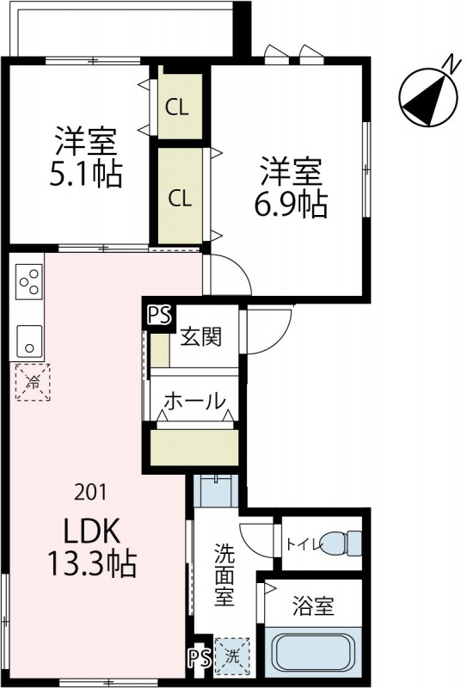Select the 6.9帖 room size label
(292, 204)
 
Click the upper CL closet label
(178, 107)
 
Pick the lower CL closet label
(180, 199)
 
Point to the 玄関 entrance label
(201, 336)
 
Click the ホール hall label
(194, 400)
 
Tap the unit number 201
(90, 492)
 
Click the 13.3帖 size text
(90, 564)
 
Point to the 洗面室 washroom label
(224, 574)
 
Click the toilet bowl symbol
(347, 544)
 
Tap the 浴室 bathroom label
(313, 605)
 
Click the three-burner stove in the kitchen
(28, 282)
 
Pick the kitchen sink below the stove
(28, 341)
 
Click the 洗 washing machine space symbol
(230, 654)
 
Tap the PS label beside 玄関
(158, 316)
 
